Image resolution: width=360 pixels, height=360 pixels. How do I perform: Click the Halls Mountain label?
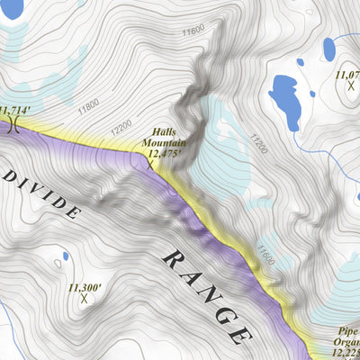163,137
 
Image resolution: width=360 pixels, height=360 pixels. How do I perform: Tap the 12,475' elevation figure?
164,154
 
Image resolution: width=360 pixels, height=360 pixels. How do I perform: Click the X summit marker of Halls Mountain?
150,166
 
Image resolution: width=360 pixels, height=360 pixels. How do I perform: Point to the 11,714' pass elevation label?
15,110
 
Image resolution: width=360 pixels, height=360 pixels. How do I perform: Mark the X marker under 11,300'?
84,298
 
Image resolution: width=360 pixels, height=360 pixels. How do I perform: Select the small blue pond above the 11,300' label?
66,256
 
